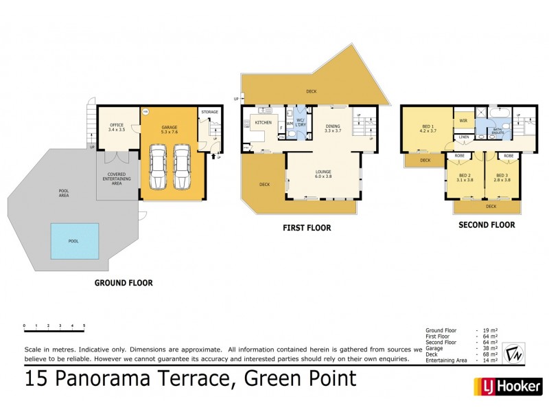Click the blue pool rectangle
click(x=73, y=241)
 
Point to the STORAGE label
click(x=209, y=111)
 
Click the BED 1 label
click(x=428, y=128)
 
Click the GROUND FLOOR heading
click(x=124, y=282)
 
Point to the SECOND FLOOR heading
click(x=487, y=225)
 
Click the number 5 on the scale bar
click(x=84, y=325)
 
